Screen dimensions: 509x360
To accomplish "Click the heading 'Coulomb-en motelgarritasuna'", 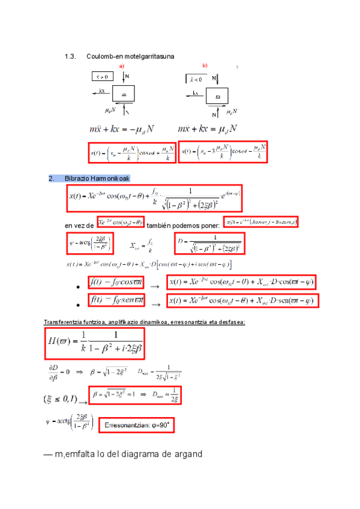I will [130, 56].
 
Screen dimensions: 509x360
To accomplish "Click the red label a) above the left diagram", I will [122, 65].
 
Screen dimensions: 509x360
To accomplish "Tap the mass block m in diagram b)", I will [218, 96].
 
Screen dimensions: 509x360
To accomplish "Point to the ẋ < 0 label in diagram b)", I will [194, 78].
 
